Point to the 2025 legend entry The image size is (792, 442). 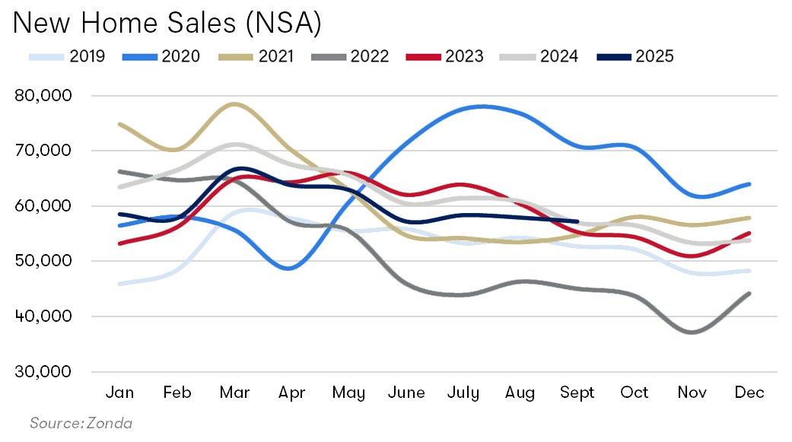[635, 56]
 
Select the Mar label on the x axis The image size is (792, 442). [235, 393]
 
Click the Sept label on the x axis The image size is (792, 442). [577, 393]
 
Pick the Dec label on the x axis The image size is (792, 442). [749, 393]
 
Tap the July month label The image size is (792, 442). [463, 393]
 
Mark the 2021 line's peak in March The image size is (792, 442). [235, 104]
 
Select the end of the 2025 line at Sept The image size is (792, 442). [577, 221]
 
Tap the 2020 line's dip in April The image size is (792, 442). [292, 269]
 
